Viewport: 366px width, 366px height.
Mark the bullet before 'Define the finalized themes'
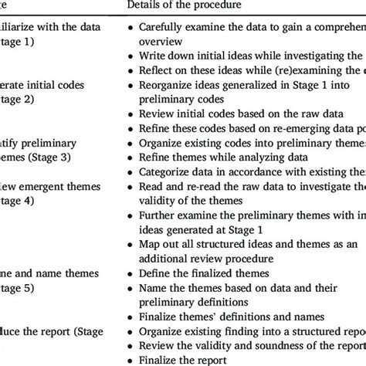(x=128, y=273)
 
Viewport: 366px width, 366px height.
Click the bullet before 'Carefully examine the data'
(x=128, y=26)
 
